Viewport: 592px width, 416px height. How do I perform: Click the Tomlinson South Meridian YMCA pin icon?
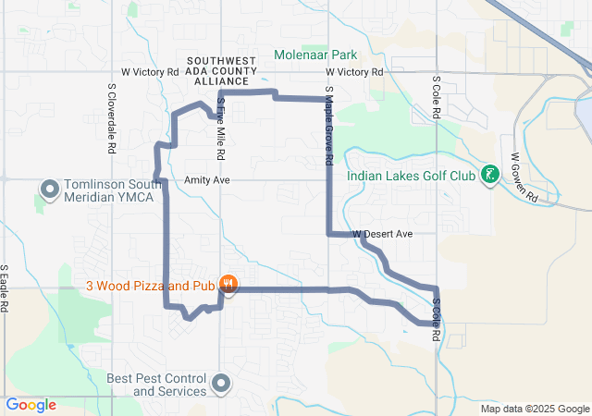coord(49,190)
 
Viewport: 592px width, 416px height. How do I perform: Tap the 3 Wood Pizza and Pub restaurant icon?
coord(228,285)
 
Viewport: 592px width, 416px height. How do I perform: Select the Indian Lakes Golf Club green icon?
coord(492,175)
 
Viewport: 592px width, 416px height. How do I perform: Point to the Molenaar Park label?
coord(314,55)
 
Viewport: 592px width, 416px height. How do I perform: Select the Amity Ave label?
coord(206,179)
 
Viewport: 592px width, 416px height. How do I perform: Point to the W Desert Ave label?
coord(382,234)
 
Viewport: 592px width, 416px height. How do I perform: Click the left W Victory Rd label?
coord(149,71)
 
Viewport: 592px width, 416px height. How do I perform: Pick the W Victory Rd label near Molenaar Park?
coord(353,71)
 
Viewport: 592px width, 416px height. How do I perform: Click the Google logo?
coord(31,405)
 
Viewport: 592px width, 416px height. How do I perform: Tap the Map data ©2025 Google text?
coord(535,409)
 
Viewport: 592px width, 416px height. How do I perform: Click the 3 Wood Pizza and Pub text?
coord(151,285)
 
